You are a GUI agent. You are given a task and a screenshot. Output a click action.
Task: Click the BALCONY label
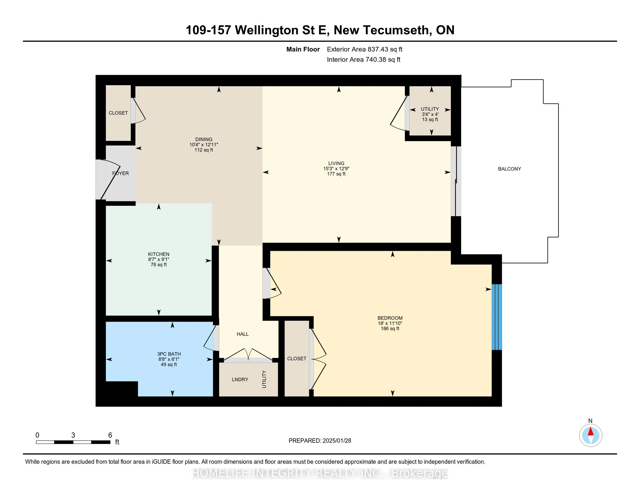(x=509, y=169)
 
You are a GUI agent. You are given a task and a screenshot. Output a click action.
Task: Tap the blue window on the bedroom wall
(x=496, y=317)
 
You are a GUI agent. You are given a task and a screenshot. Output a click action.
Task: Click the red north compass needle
(x=591, y=432)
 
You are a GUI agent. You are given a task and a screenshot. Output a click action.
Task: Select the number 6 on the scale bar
(x=110, y=435)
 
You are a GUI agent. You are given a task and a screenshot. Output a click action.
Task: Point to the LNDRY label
(x=240, y=380)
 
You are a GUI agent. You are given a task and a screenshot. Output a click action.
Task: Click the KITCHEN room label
(x=159, y=254)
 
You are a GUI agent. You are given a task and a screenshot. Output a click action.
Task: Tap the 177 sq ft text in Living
(x=336, y=174)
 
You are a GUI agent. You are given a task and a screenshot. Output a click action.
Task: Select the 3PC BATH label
(x=169, y=354)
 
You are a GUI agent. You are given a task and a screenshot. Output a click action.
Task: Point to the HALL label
(x=243, y=334)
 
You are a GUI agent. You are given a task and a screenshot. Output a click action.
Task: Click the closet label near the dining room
(x=118, y=113)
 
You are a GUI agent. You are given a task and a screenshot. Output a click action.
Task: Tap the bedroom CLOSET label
(x=296, y=359)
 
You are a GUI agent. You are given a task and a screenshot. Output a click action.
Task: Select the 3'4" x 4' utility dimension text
(x=430, y=114)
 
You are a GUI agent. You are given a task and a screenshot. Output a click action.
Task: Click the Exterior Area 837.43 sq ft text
(x=365, y=49)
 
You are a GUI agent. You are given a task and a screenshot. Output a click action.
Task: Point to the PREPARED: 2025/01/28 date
(x=320, y=441)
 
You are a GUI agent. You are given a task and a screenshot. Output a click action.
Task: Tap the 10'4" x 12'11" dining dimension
(x=204, y=145)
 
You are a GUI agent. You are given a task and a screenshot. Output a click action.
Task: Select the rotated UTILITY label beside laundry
(x=264, y=379)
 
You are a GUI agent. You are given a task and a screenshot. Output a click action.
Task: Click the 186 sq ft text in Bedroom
(x=390, y=329)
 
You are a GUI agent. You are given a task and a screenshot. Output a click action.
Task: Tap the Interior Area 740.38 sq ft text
(x=363, y=60)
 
